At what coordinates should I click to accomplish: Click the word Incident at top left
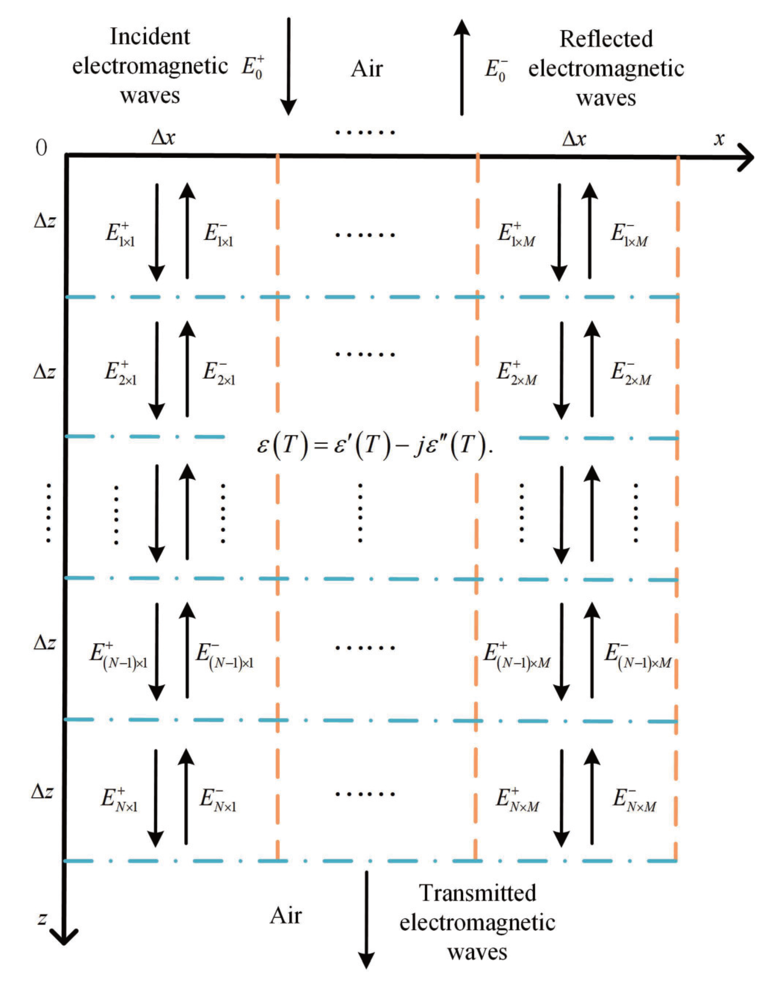click(x=150, y=37)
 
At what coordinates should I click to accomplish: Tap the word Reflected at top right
click(x=606, y=39)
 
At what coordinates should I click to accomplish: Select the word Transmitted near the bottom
click(x=477, y=893)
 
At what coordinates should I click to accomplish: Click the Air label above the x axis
click(x=366, y=69)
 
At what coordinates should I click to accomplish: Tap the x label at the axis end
click(x=719, y=139)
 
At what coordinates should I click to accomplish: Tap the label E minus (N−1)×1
click(x=224, y=655)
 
